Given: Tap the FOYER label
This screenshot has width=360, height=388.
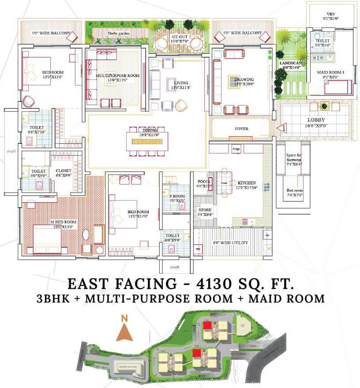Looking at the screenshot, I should pyautogui.click(x=241, y=129).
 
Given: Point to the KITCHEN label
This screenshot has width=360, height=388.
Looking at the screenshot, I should pyautogui.click(x=247, y=183).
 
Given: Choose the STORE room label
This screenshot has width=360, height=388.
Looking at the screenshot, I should pyautogui.click(x=205, y=210).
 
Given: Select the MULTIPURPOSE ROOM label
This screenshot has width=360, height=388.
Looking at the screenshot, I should pyautogui.click(x=118, y=76).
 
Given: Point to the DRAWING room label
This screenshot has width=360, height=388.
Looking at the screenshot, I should pyautogui.click(x=244, y=80).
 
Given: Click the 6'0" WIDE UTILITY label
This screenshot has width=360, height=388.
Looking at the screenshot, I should pyautogui.click(x=231, y=242).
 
